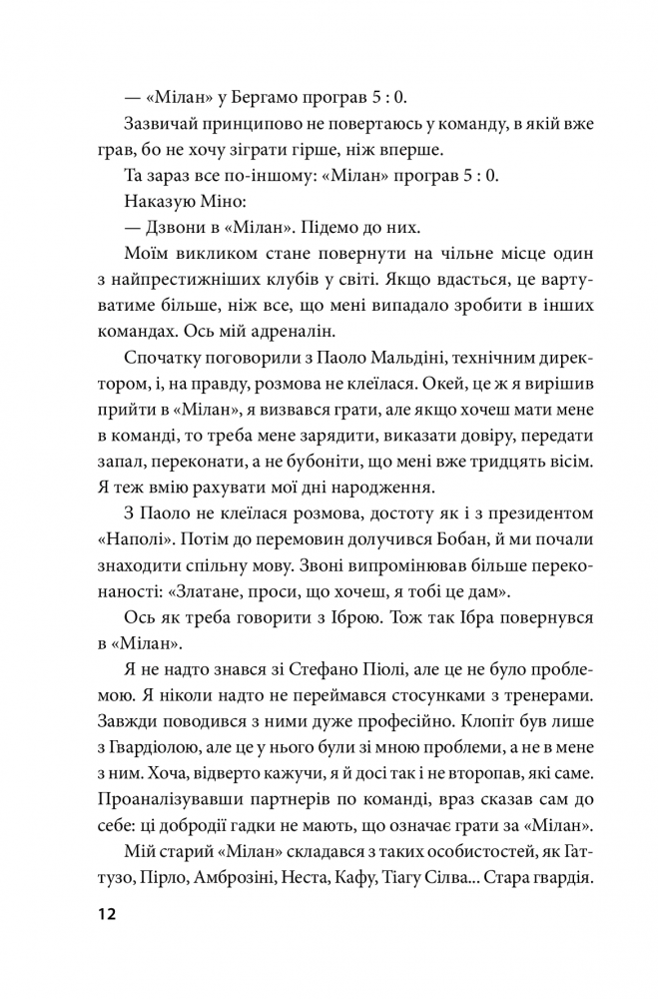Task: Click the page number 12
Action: click(107, 914)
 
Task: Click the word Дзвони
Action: click(184, 228)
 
